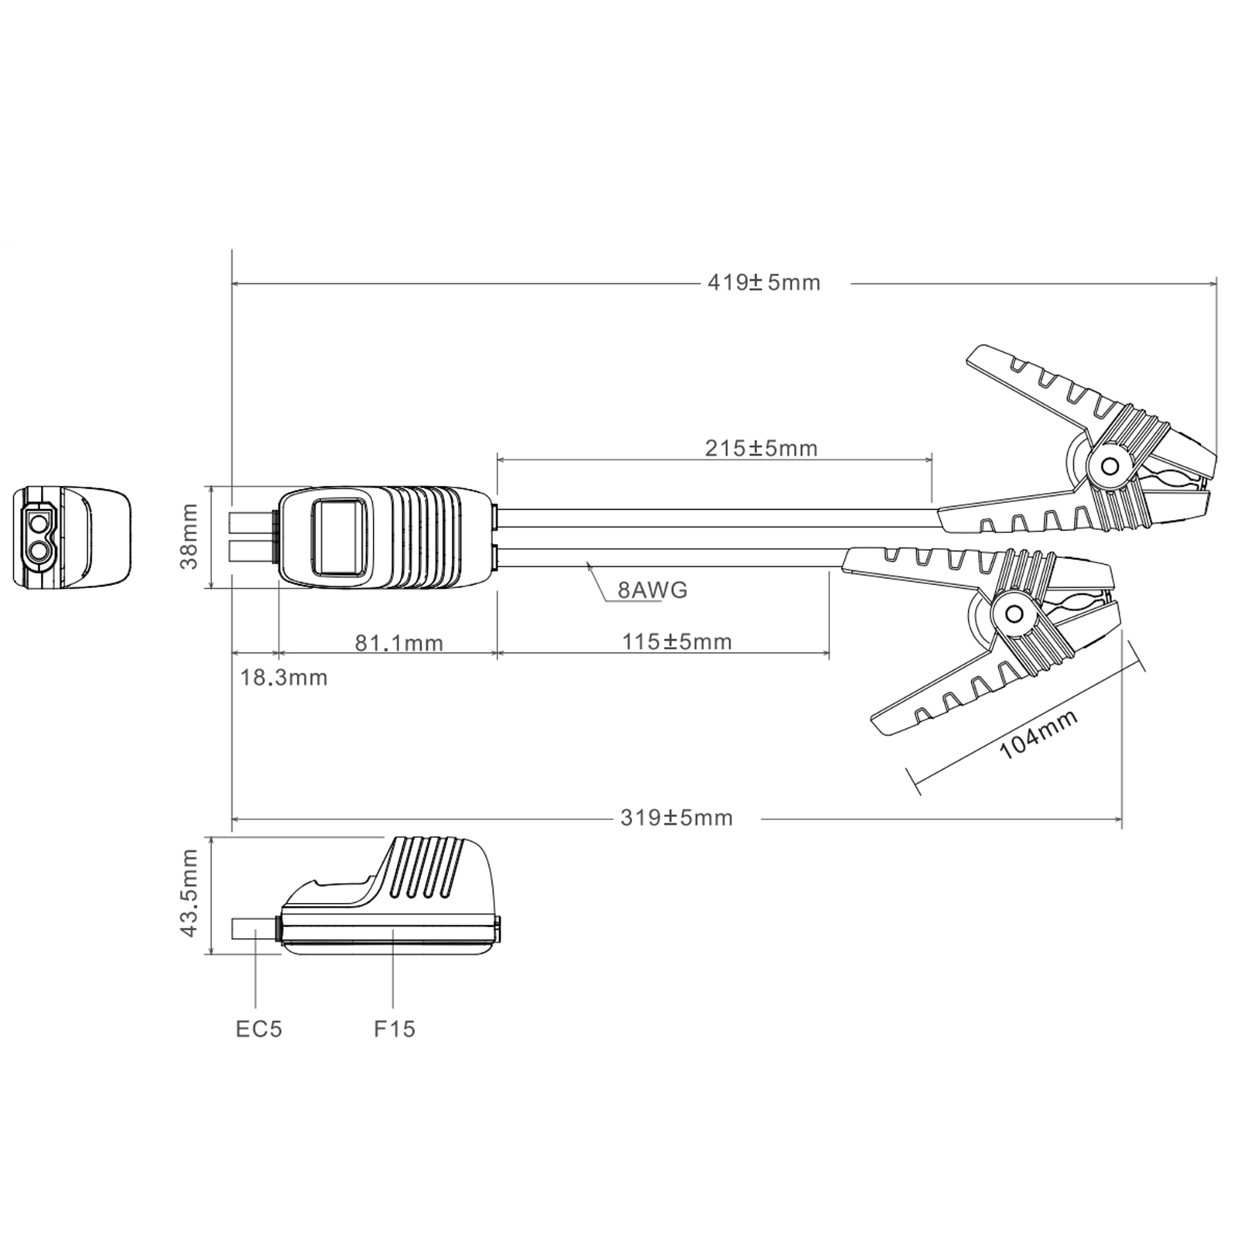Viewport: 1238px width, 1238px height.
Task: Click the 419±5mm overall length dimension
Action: click(764, 282)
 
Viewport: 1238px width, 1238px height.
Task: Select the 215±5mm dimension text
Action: click(761, 448)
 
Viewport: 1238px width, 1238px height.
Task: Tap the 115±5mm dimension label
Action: click(677, 641)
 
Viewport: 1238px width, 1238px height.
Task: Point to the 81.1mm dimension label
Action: click(399, 642)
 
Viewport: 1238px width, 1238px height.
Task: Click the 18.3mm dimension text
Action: click(284, 678)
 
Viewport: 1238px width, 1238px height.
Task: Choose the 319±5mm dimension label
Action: click(676, 818)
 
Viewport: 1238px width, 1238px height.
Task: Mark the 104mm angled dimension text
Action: click(1038, 734)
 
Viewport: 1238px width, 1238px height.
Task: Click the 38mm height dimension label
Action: click(189, 536)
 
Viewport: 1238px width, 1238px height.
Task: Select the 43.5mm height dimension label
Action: click(189, 893)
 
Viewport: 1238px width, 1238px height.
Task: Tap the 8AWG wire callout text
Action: click(652, 590)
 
